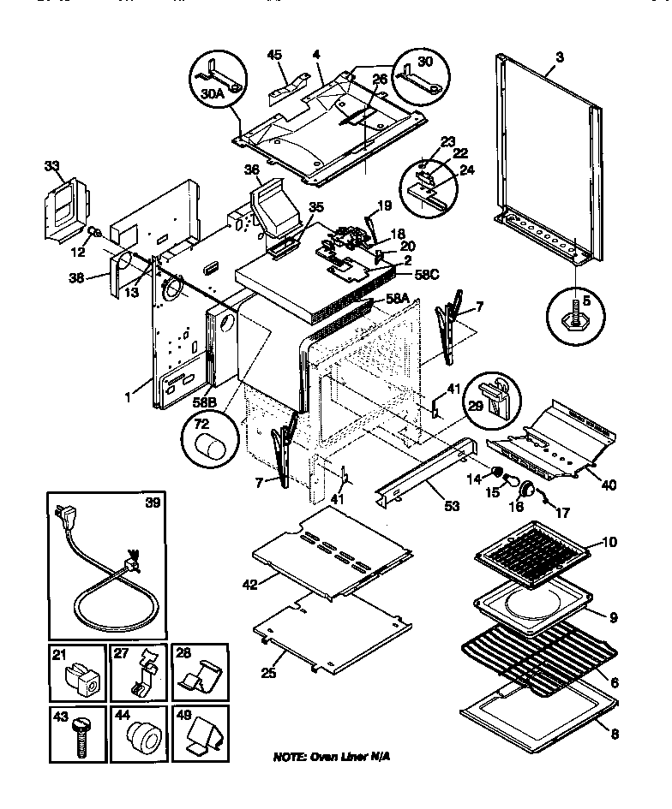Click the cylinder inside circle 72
click(x=209, y=447)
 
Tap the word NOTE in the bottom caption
click(x=291, y=758)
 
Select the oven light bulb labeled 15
click(x=512, y=481)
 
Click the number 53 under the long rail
click(x=452, y=506)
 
